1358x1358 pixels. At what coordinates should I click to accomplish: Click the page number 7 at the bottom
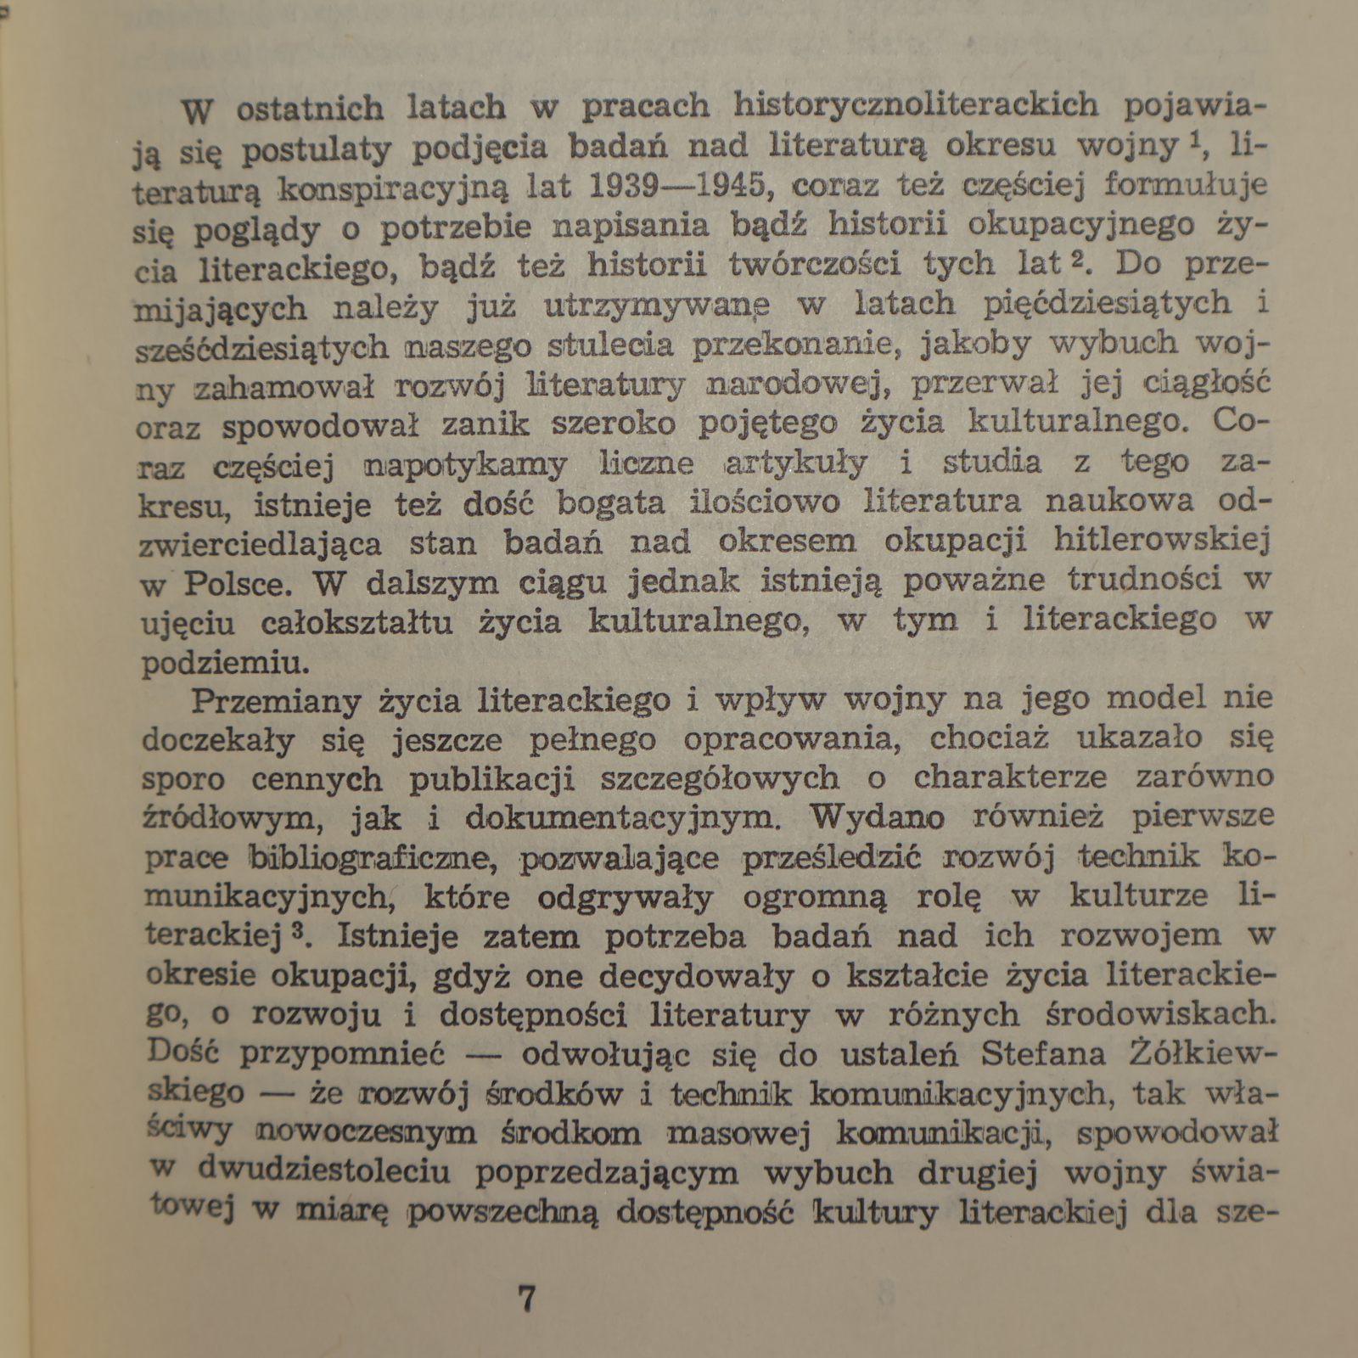(526, 1299)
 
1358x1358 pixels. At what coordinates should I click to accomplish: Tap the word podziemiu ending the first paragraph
(222, 662)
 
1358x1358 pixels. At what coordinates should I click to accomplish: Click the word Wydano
(877, 816)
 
